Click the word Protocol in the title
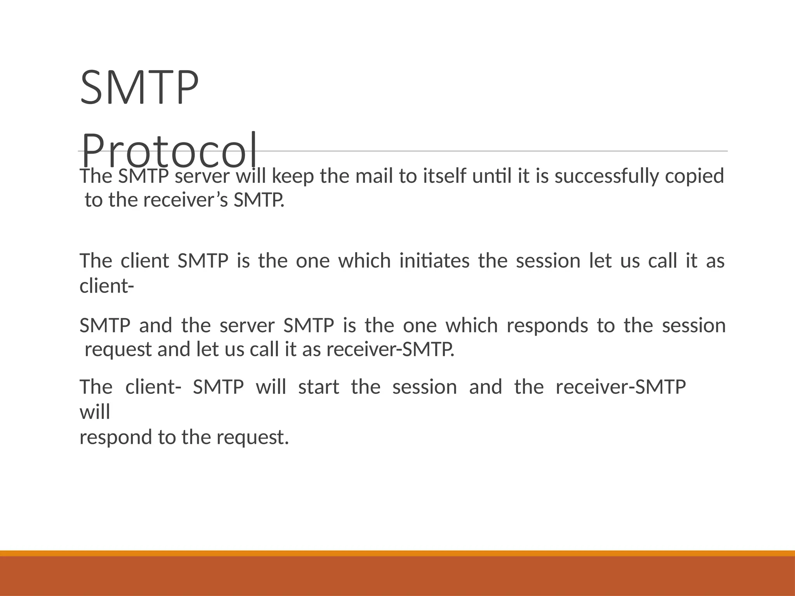point(169,151)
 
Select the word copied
point(694,176)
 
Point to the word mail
point(374,176)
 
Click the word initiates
point(434,261)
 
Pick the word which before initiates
point(364,261)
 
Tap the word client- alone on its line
point(107,286)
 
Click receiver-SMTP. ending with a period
point(390,350)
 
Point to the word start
point(318,387)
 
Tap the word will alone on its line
point(95,412)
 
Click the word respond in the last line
point(116,438)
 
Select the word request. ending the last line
point(252,438)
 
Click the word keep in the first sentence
point(293,176)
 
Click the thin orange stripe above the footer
point(397,553)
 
